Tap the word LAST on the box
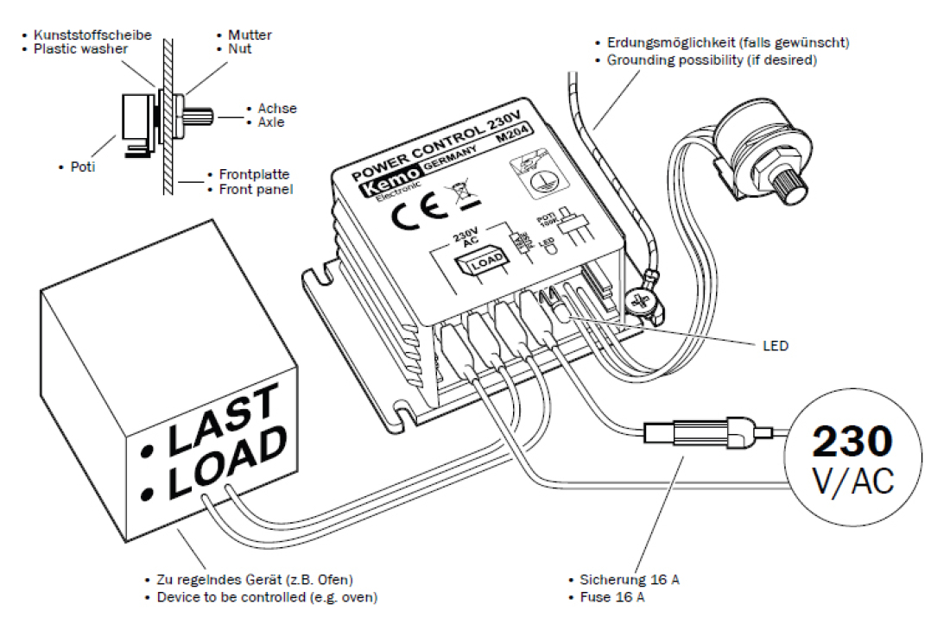220,422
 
